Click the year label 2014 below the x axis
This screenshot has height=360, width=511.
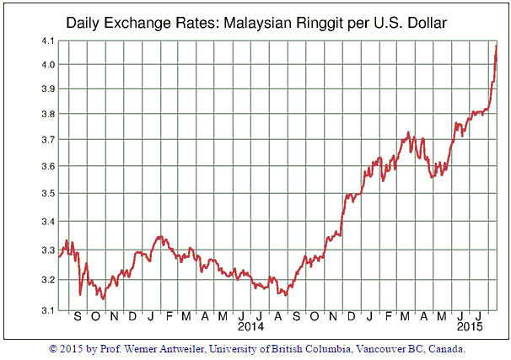[x=250, y=325]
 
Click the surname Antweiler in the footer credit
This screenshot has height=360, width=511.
[x=170, y=347]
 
